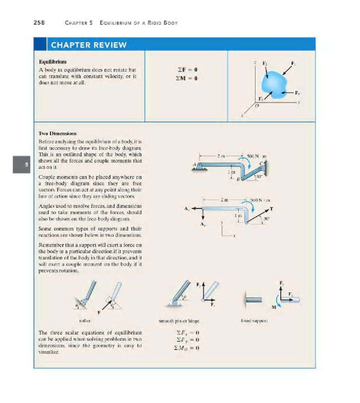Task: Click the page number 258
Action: tap(39, 23)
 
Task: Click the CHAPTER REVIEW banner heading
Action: tap(89, 45)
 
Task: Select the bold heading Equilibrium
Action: tap(52, 62)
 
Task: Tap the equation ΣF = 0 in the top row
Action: tap(187, 70)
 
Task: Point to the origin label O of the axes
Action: tap(256, 106)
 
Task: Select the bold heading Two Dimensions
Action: tap(58, 133)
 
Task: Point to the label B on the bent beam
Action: tap(238, 180)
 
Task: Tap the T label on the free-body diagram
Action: tap(271, 208)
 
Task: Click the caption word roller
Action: tap(85, 321)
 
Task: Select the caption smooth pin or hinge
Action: tap(179, 321)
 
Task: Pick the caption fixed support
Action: tap(254, 321)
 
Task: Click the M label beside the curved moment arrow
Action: tap(273, 307)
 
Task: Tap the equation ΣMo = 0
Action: tap(187, 348)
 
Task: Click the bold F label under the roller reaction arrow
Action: tap(99, 312)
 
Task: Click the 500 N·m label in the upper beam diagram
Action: tap(256, 156)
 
